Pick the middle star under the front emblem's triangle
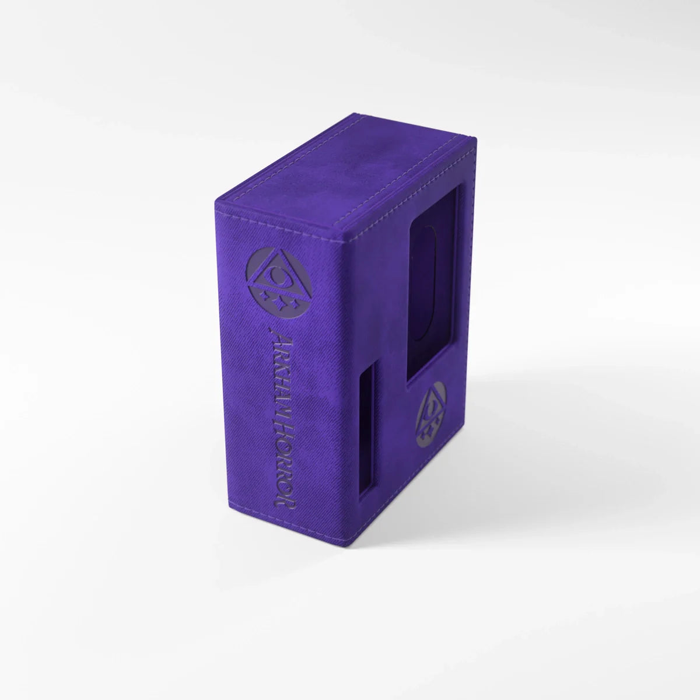pos(276,308)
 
